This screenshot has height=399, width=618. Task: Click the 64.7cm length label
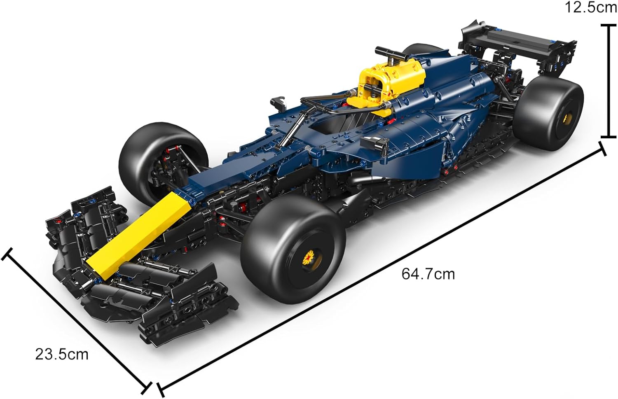[428, 274]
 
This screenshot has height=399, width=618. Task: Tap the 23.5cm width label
[62, 355]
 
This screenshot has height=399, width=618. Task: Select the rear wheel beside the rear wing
[549, 113]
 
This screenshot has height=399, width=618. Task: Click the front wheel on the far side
[163, 163]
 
